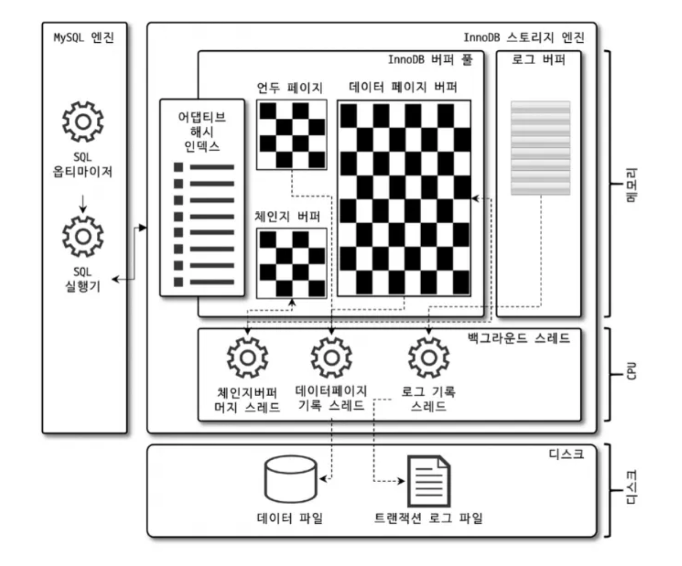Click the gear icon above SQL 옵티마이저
tap(83, 122)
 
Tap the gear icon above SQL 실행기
tap(83, 236)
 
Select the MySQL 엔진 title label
tap(84, 38)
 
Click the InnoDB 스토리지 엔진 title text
tap(523, 37)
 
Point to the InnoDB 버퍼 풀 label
tap(430, 59)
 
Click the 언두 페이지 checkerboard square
tap(291, 135)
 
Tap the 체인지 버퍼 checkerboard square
tap(291, 263)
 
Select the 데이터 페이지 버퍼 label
tap(403, 87)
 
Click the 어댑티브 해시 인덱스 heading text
tap(201, 131)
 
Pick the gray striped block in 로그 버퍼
tap(540, 148)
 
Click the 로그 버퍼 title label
tap(538, 59)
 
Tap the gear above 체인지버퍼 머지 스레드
tap(247, 357)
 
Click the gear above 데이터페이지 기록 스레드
tap(331, 357)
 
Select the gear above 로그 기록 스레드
tap(429, 357)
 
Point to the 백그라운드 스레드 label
tap(518, 338)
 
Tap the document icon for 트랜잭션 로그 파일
tap(428, 481)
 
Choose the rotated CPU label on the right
tap(631, 371)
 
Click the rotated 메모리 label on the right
tap(631, 185)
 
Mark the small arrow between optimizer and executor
tap(83, 203)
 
